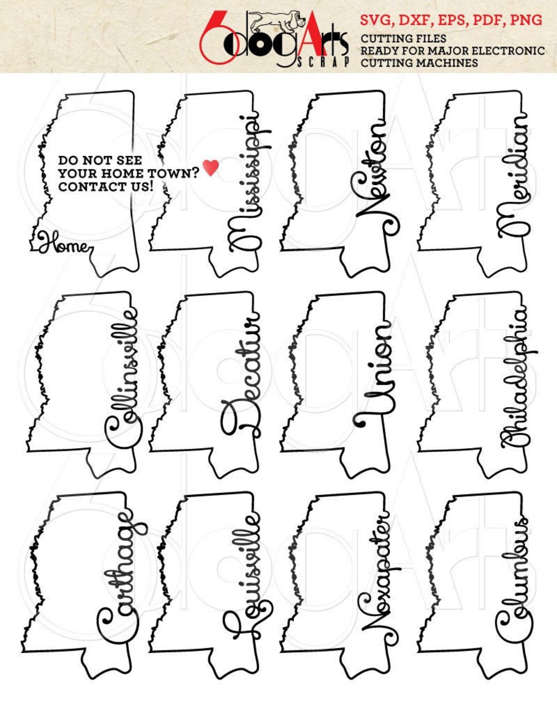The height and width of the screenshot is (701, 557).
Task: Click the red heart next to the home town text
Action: point(210,167)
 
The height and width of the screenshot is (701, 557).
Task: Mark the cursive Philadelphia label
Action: point(518,378)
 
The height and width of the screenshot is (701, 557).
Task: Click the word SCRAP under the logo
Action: point(323,62)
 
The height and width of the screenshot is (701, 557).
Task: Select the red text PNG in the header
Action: point(526,20)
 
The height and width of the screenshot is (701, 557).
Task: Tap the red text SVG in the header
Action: point(376,20)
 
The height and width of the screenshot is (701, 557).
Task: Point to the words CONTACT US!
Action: point(106,186)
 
